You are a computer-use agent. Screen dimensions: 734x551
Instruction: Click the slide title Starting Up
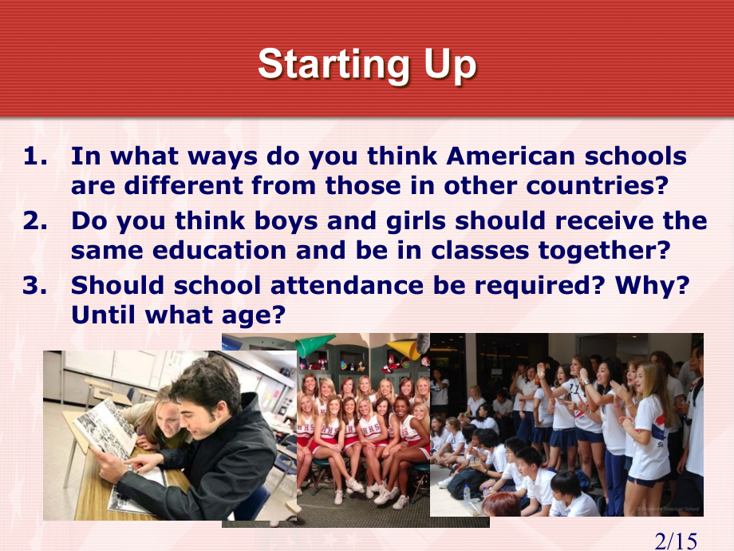tap(367, 65)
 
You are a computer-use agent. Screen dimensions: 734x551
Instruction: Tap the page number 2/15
tap(676, 541)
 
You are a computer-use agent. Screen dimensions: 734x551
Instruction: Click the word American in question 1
tap(511, 156)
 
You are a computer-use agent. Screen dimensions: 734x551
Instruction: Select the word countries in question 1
tap(597, 185)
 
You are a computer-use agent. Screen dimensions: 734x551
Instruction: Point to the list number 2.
tap(35, 220)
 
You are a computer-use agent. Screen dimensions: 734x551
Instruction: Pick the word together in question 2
tap(604, 251)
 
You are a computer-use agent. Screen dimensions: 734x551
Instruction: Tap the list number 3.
tap(35, 285)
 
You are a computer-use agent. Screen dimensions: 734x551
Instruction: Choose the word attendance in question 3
tap(347, 285)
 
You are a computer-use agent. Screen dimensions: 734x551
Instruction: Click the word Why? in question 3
tap(652, 285)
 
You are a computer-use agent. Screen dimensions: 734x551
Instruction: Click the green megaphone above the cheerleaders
tap(314, 344)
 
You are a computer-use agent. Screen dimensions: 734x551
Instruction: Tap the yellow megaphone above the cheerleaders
tap(403, 350)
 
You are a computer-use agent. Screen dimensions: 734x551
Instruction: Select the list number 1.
tap(35, 156)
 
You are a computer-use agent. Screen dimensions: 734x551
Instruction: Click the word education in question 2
tap(219, 250)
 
